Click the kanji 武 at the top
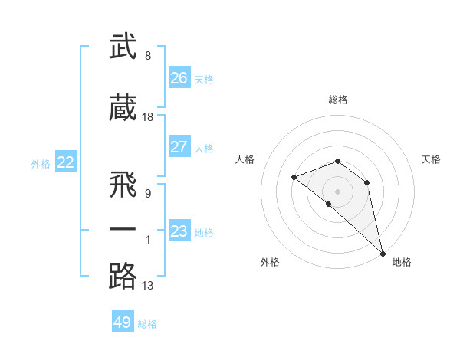[x=123, y=47]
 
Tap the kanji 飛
[x=123, y=183]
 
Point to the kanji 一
[x=123, y=229]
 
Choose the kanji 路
[x=123, y=276]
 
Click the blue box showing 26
[x=179, y=77]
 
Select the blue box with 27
[x=179, y=147]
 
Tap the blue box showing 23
[x=179, y=231]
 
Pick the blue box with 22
[x=65, y=162]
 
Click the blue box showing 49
[x=123, y=322]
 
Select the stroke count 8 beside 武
[x=147, y=56]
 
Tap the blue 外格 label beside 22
[x=41, y=163]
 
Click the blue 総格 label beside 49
[x=147, y=324]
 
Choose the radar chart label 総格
[x=338, y=100]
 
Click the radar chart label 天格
[x=431, y=159]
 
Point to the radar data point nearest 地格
[x=383, y=254]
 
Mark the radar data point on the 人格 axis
[x=294, y=178]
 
